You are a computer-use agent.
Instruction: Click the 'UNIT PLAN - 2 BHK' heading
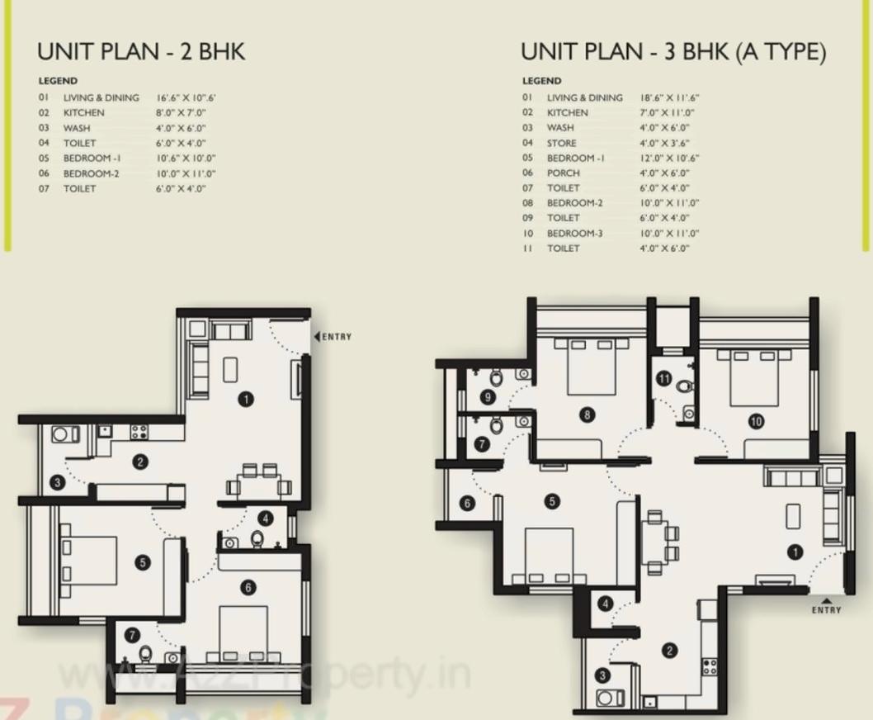coord(141,51)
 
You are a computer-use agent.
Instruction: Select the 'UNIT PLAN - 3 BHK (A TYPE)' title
coord(672,51)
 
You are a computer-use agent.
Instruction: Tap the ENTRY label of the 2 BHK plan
coord(336,337)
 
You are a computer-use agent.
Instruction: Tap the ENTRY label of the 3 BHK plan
coord(826,610)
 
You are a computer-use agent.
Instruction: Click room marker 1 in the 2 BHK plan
coord(245,400)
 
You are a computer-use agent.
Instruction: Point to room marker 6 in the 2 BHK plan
coord(248,588)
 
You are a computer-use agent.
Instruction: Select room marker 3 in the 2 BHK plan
coord(57,482)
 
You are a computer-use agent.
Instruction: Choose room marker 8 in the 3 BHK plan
coord(587,415)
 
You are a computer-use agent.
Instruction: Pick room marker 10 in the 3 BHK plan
coord(756,421)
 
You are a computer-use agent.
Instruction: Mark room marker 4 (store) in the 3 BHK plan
coord(606,604)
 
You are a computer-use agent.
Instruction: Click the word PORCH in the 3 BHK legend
coord(563,173)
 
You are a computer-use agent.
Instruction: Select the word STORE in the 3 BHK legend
coord(562,143)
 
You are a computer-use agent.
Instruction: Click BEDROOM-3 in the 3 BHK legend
coord(574,233)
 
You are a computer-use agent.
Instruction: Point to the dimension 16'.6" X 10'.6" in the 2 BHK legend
coord(186,97)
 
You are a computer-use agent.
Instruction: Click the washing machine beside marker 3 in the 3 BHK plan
coord(606,699)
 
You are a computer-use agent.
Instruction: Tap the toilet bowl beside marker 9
coord(496,377)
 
